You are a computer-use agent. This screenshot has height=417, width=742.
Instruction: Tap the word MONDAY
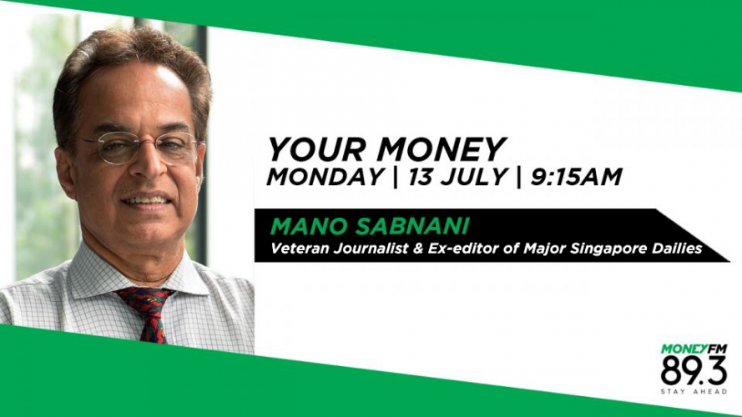click(x=326, y=178)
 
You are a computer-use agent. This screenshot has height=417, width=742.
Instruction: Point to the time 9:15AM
click(x=576, y=178)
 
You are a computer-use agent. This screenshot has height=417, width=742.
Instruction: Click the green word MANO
click(x=309, y=227)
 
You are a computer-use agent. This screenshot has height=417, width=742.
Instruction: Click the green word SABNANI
click(x=411, y=227)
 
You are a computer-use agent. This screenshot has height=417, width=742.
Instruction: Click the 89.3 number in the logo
click(x=694, y=370)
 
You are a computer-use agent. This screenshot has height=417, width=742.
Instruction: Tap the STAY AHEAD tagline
click(x=694, y=392)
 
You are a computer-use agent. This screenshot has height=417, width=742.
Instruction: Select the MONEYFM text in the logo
click(x=694, y=349)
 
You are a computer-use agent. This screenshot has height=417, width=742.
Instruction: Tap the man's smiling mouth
click(x=147, y=200)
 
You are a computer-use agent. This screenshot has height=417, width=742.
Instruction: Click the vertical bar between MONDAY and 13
click(x=396, y=178)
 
